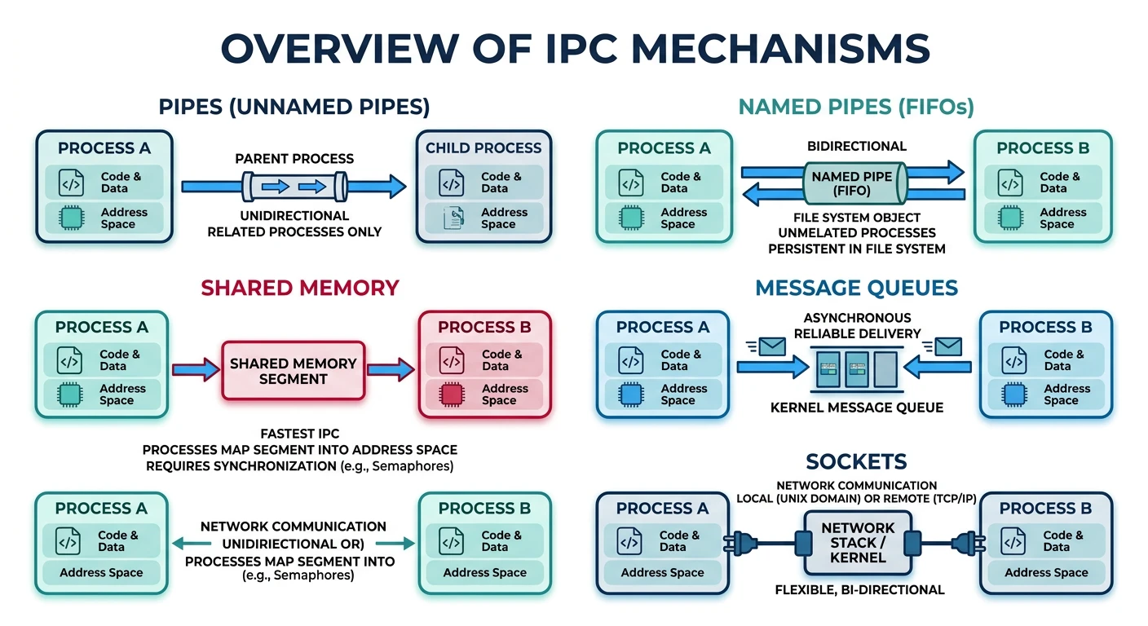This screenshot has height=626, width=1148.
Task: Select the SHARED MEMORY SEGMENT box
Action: pos(294,371)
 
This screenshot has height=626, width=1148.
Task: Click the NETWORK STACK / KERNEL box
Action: pos(858,543)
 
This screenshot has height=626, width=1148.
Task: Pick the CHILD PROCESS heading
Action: pos(483,148)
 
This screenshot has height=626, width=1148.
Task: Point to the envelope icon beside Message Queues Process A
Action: pos(771,347)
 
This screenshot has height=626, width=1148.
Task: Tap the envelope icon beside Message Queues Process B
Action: pos(947,347)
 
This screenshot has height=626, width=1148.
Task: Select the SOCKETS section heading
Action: pos(856,462)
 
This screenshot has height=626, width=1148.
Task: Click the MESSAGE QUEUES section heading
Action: pos(856,288)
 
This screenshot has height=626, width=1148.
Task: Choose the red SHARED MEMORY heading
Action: pos(300,288)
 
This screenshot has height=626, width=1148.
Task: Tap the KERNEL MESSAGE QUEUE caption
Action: pos(856,407)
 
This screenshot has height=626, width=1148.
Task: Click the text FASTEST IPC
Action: pos(299,434)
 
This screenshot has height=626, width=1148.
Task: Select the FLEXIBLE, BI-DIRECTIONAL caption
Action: pos(859,589)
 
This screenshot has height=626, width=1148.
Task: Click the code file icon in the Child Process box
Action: pos(452,183)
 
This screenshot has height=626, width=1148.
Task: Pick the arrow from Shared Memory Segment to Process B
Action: pos(391,371)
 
